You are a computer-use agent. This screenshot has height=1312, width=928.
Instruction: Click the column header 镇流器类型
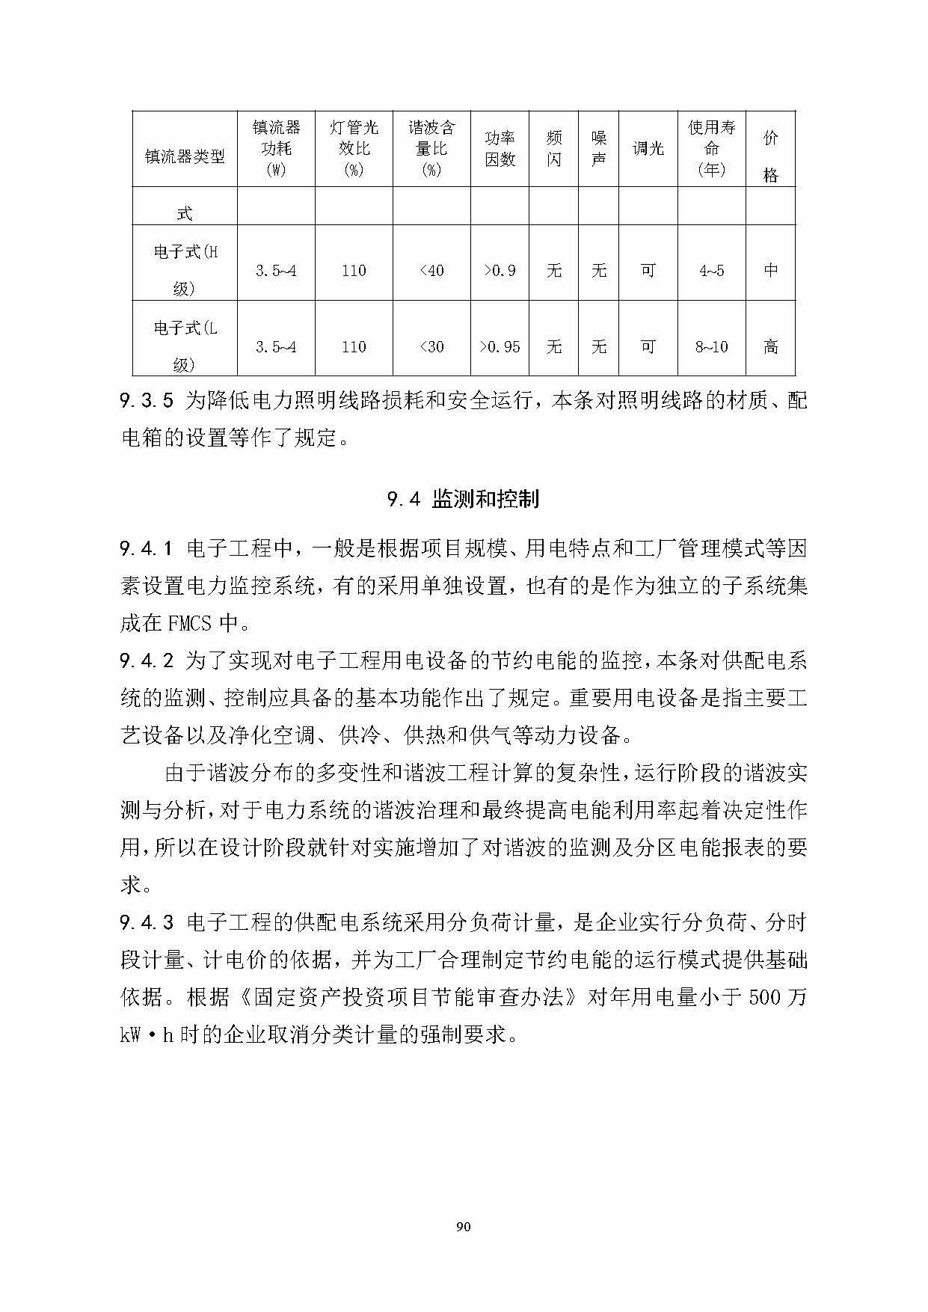[185, 156]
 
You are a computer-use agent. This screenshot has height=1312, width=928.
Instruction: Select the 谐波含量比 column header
[431, 148]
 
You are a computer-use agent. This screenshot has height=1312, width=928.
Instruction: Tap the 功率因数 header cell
[500, 148]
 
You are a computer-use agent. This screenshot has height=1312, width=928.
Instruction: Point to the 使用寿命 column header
[711, 148]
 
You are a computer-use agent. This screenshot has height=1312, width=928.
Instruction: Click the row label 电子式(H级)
[185, 269]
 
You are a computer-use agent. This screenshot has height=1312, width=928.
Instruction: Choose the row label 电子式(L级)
[185, 346]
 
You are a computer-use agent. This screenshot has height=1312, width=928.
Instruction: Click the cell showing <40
[431, 271]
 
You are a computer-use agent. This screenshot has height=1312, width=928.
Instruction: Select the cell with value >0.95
[500, 347]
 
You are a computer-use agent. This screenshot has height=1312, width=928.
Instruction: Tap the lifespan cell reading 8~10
[711, 347]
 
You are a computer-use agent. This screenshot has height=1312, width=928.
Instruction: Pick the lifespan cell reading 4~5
[711, 271]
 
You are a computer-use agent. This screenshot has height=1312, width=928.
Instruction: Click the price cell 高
[771, 347]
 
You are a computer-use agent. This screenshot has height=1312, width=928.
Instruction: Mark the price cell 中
[771, 270]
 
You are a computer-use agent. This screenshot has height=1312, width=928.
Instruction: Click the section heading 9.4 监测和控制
[464, 499]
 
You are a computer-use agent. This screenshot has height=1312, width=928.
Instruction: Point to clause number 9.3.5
[147, 401]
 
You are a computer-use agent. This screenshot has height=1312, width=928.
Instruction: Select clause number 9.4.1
[147, 549]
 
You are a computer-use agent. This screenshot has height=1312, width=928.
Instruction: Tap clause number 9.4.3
[147, 922]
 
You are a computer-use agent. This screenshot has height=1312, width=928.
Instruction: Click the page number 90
[464, 1226]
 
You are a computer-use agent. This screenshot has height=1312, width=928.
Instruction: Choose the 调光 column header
[648, 148]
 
